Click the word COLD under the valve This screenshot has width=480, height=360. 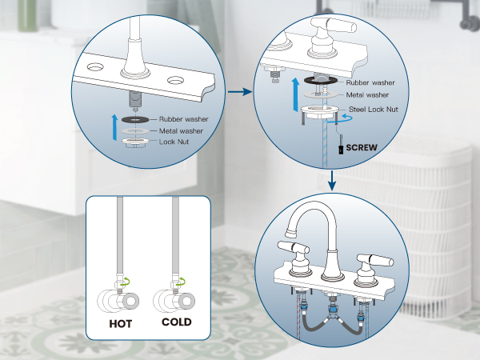pos(177,324)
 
